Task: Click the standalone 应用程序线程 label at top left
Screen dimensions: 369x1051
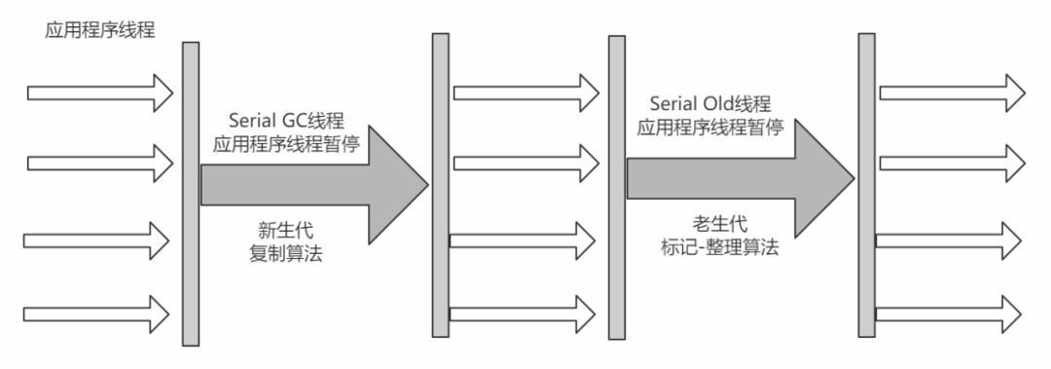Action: click(101, 29)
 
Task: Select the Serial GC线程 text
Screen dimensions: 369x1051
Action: click(286, 122)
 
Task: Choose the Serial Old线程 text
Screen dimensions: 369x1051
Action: click(712, 104)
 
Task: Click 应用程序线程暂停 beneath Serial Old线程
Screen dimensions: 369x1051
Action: click(712, 127)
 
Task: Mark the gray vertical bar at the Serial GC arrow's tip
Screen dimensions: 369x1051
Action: click(440, 184)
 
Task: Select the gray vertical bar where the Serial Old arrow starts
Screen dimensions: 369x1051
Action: click(616, 187)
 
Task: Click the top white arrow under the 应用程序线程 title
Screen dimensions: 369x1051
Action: click(99, 92)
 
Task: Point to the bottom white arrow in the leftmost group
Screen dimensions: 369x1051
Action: click(95, 310)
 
